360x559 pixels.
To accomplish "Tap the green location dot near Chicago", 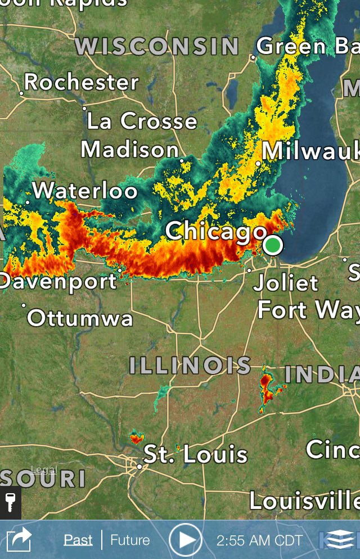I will pos(273,245).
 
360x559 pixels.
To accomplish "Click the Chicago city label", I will pos(216,231).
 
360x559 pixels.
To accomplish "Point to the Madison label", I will pos(130,150).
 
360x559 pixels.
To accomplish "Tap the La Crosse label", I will pos(142,121).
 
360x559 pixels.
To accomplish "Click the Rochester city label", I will pos(82,83).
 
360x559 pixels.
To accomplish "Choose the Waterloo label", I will pos(85,191).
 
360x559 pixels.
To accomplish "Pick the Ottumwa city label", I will pos(80,318).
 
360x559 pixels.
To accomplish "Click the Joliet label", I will pos(286,282).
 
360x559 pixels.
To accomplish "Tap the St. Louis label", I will pos(196,454).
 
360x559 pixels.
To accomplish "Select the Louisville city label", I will pos(304,501).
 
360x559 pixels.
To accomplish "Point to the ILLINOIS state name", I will pos(190,366).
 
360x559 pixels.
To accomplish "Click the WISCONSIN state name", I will pos(157,46).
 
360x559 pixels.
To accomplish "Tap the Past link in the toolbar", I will pos(78,540).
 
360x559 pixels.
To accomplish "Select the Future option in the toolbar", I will pos(130,540).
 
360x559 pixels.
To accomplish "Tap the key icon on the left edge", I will pos(10,502).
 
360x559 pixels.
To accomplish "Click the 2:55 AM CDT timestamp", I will pos(259,540).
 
